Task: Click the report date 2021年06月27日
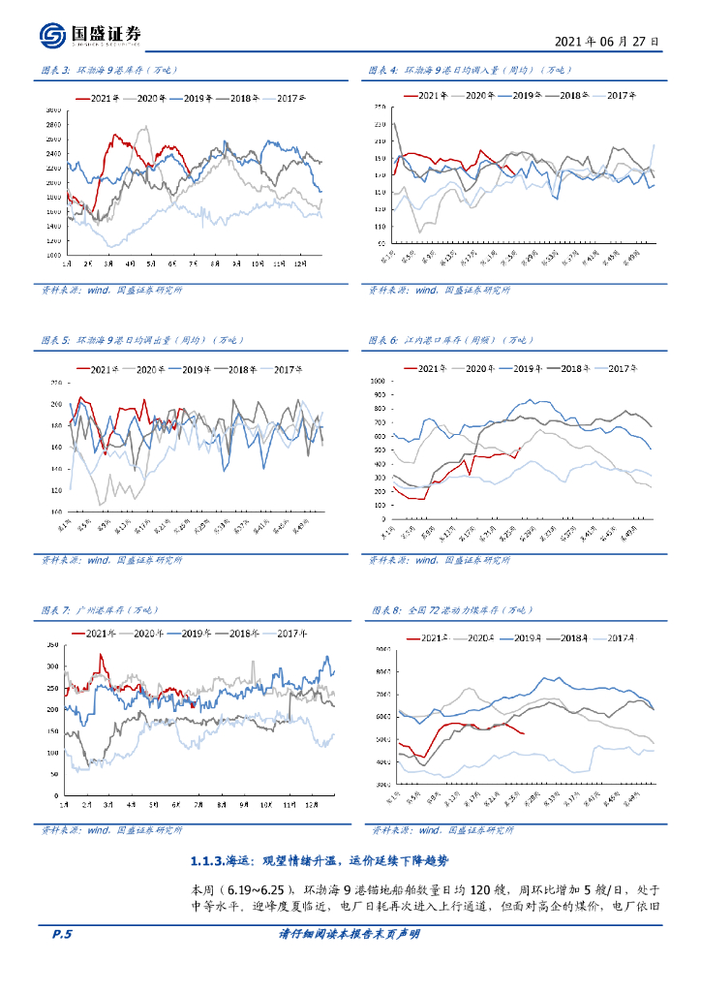click(x=608, y=43)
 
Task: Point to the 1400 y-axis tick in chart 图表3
click(x=53, y=226)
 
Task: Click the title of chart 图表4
click(x=457, y=70)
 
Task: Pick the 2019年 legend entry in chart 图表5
click(x=197, y=369)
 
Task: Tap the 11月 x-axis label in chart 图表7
click(x=287, y=806)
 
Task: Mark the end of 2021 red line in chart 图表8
click(x=524, y=733)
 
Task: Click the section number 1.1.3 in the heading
click(x=207, y=860)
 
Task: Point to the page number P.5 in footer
click(x=61, y=934)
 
